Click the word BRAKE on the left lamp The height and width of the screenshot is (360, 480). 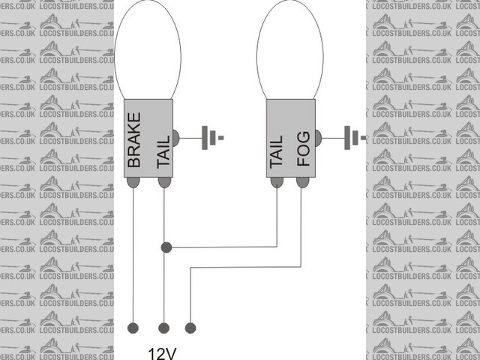click(133, 140)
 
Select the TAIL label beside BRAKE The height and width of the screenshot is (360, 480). click(163, 152)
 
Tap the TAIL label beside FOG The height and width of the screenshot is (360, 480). click(276, 152)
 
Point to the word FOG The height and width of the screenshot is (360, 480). click(303, 151)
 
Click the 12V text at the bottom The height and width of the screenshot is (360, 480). click(162, 352)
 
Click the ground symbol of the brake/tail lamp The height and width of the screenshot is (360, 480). click(212, 138)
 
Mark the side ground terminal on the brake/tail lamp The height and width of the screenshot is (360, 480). click(175, 138)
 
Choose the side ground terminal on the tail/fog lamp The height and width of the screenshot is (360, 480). click(317, 138)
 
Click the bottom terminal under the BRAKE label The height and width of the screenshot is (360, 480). click(133, 182)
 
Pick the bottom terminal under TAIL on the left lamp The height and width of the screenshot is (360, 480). click(163, 182)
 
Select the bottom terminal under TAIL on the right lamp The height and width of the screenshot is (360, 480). click(276, 182)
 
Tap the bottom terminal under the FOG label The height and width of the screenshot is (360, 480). click(302, 182)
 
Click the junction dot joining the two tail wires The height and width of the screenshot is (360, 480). click(166, 247)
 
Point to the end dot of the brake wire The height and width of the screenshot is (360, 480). click(133, 328)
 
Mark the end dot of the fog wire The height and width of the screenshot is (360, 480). click(190, 328)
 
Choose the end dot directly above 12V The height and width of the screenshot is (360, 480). click(163, 328)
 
